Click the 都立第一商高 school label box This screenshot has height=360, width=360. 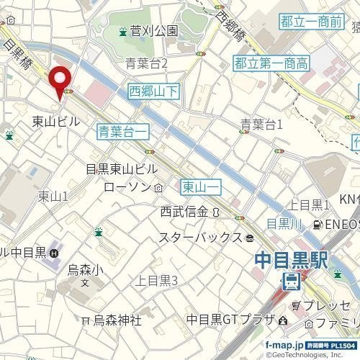tap(271, 64)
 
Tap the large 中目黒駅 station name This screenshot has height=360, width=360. tap(291, 258)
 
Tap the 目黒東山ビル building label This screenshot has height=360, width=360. tap(121, 169)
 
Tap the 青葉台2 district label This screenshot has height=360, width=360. tap(146, 64)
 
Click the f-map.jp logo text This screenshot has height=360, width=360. tap(284, 345)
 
